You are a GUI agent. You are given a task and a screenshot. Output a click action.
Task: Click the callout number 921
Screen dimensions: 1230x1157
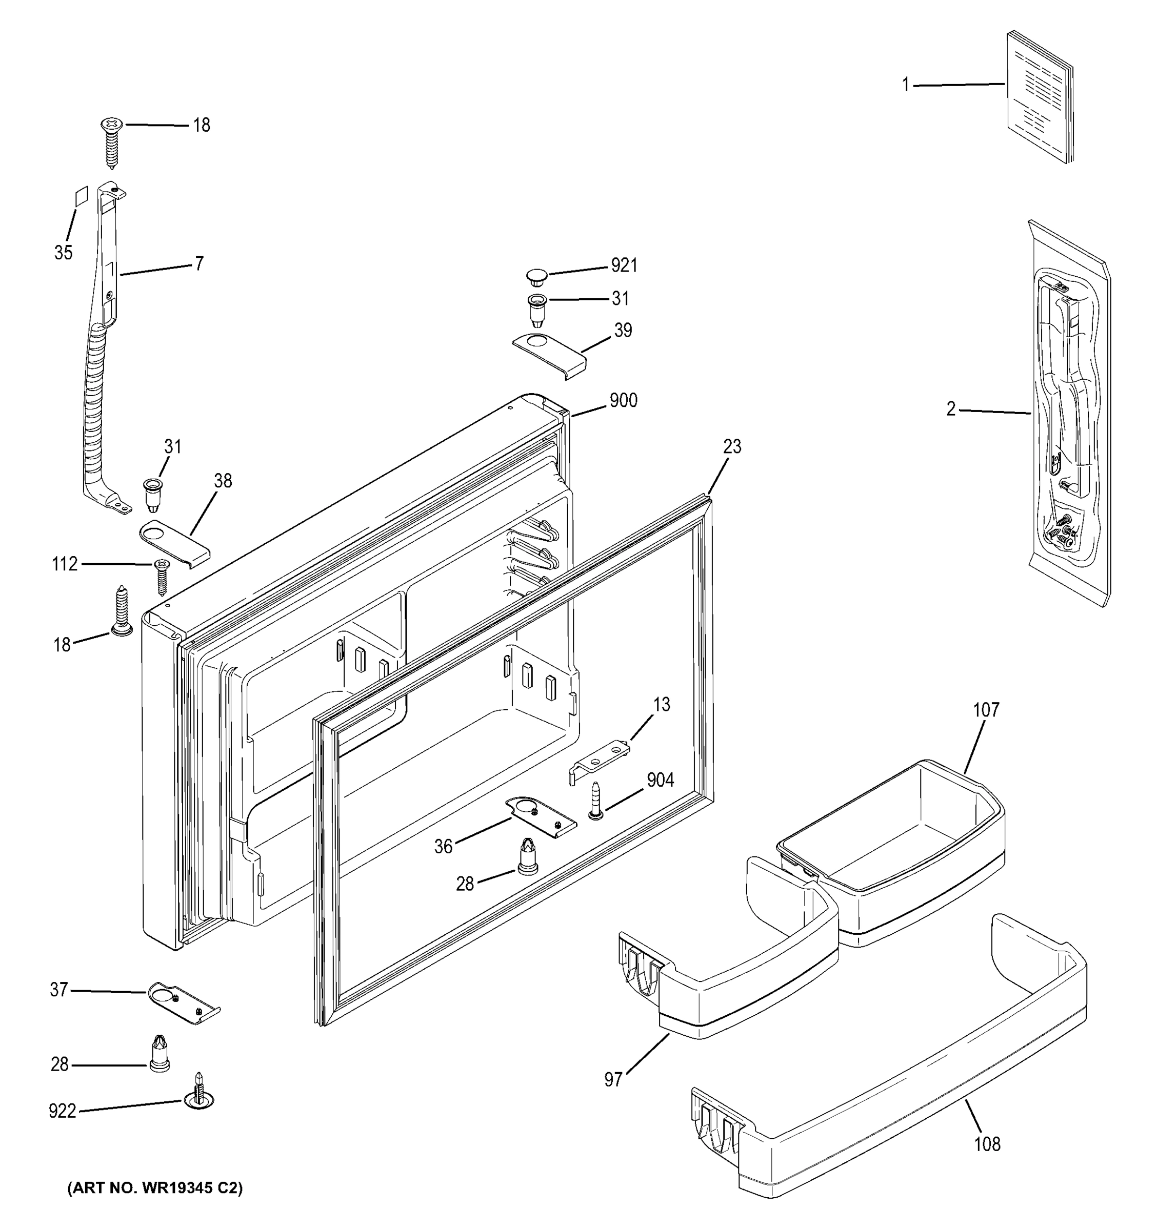624,265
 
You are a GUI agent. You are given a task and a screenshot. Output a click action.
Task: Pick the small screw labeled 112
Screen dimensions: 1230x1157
162,575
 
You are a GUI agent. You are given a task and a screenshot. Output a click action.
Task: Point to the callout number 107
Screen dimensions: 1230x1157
986,710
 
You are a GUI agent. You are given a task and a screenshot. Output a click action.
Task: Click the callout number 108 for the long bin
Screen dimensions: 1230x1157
987,1144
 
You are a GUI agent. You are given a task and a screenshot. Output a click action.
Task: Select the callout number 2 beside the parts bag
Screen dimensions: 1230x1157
951,409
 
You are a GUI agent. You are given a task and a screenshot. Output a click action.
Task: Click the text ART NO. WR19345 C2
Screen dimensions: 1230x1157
155,1187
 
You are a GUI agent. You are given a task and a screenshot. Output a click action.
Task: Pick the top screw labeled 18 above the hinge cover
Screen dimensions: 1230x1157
111,141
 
